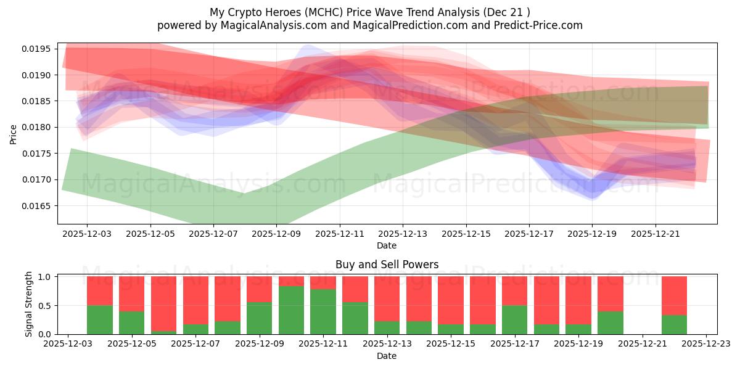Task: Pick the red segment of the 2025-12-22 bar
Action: click(x=675, y=295)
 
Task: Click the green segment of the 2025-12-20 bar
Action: click(x=610, y=323)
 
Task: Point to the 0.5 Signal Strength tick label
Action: click(x=46, y=306)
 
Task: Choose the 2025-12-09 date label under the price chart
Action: click(x=276, y=234)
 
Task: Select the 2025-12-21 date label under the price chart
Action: click(x=655, y=234)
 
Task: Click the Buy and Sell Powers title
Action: click(x=387, y=265)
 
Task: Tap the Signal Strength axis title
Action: click(x=29, y=305)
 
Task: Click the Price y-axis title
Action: click(x=14, y=134)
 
